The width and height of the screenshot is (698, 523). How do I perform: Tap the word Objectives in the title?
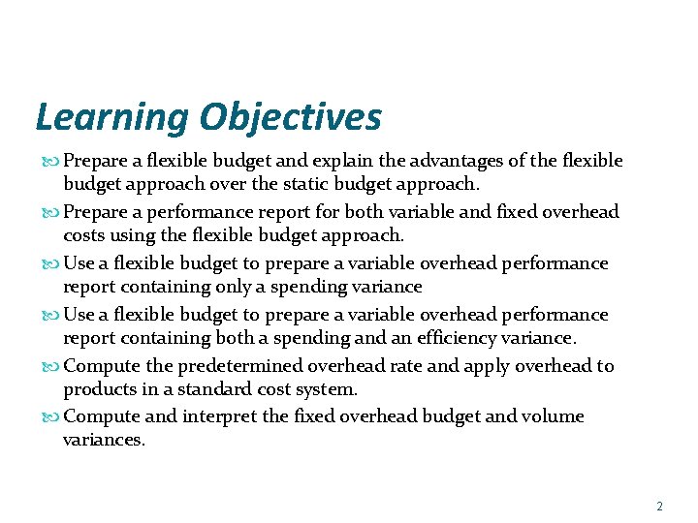pyautogui.click(x=291, y=118)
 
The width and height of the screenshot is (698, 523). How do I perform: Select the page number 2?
pyautogui.click(x=659, y=507)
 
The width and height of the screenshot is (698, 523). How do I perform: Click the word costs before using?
pyautogui.click(x=86, y=235)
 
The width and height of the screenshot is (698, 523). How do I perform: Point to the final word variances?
pyautogui.click(x=102, y=440)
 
